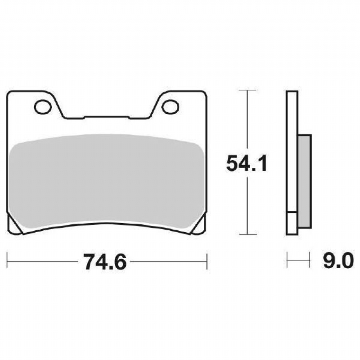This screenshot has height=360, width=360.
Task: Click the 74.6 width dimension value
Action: (x=105, y=262)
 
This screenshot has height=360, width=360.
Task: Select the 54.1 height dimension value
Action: (x=247, y=163)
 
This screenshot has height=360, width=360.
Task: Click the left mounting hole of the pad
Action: (x=43, y=107)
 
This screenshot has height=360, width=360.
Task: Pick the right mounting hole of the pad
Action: (x=170, y=107)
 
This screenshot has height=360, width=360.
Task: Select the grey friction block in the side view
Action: (x=305, y=181)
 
